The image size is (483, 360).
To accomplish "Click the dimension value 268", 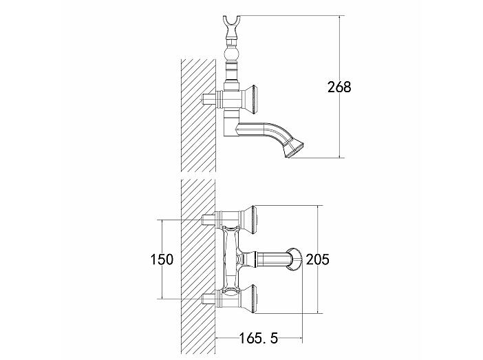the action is point(339,87).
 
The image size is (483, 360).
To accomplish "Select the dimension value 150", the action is point(162,260).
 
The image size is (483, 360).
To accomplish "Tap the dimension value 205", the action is point(318,260).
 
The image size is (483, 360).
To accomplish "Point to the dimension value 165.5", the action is point(259,339).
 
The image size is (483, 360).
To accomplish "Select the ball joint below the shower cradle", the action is point(230,54).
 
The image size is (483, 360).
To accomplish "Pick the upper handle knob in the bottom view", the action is point(250,220).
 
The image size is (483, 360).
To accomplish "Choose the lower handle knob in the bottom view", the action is point(250,299).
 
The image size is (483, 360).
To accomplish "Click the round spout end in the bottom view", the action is point(295,260).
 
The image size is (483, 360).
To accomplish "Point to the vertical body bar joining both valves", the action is point(230,260).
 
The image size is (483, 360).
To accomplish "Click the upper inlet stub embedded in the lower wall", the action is point(208,220).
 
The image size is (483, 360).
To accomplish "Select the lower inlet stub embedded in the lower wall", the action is point(208,299).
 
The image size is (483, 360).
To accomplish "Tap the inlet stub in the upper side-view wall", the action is point(208,100).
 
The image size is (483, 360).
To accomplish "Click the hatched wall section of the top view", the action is point(198,115).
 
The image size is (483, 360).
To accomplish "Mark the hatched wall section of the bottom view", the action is point(198,268).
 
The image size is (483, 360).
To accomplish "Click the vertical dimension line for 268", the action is point(339,87).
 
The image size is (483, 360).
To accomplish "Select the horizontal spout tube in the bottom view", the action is point(272,260).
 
